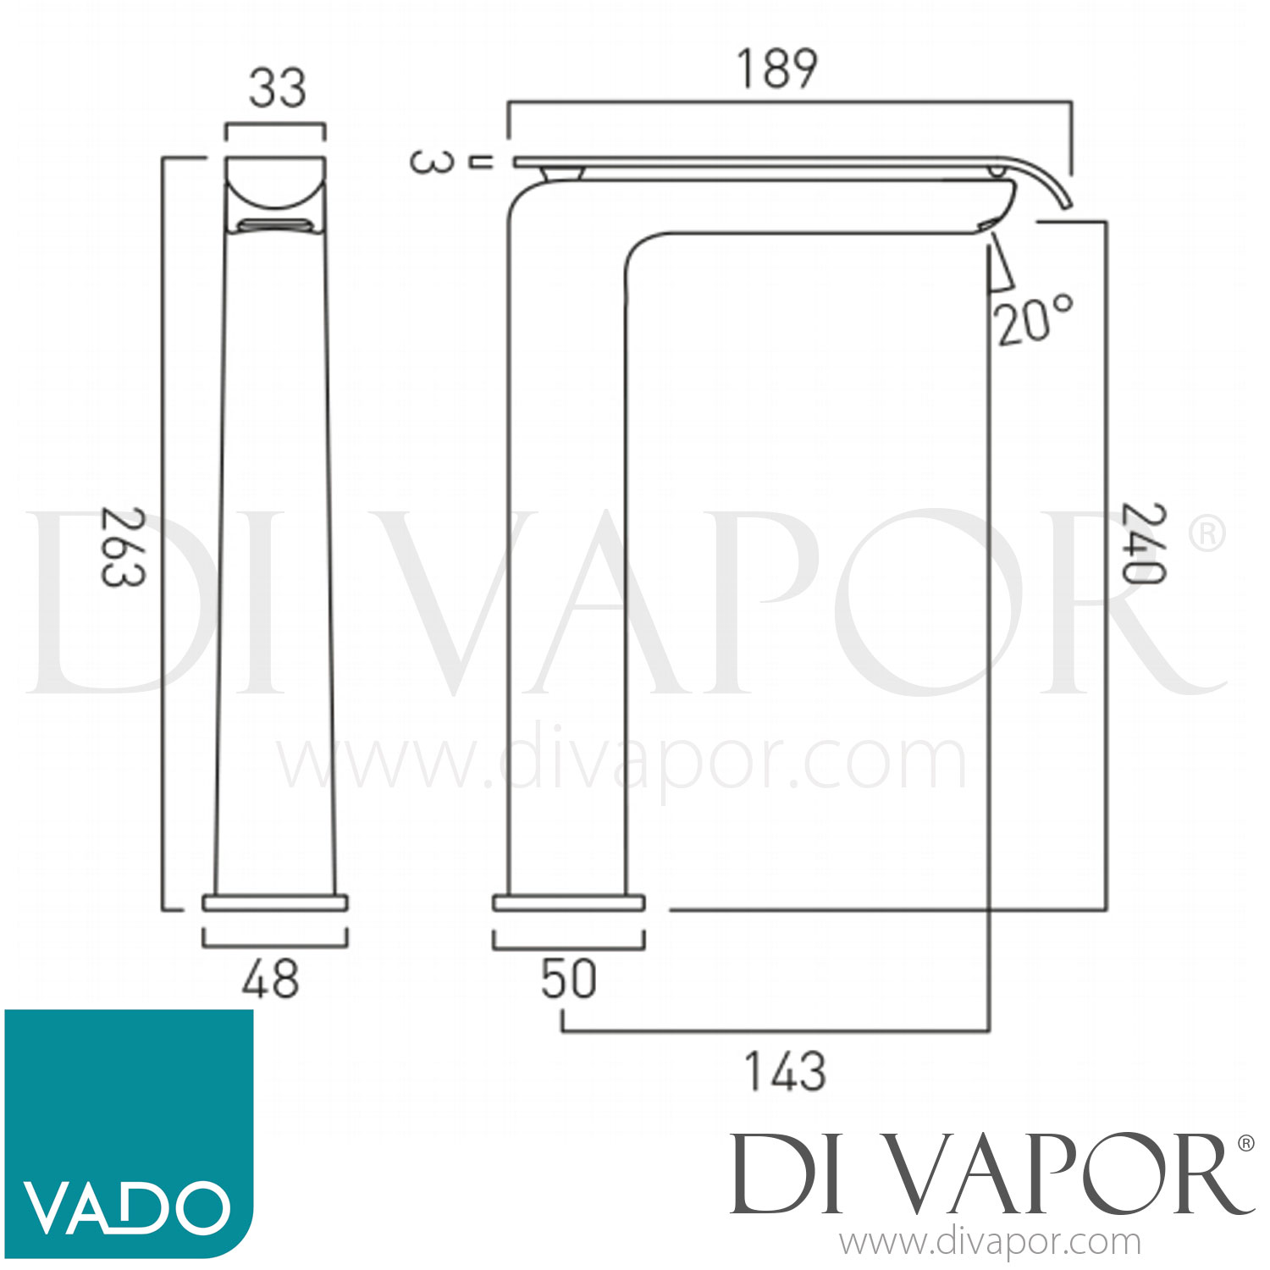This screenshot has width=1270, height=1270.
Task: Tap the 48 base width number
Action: pos(271,980)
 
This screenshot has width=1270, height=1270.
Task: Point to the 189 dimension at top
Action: pos(777,69)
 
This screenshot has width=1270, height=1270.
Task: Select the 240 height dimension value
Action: pos(1143,544)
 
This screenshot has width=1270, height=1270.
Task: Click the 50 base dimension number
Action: pos(568,980)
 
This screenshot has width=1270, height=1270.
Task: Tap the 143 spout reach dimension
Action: pos(784,1072)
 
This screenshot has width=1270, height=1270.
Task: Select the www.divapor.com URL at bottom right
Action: pos(990,1243)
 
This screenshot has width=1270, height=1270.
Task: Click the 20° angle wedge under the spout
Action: pos(1000,268)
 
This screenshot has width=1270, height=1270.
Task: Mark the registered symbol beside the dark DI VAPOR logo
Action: pos(1245,1144)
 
